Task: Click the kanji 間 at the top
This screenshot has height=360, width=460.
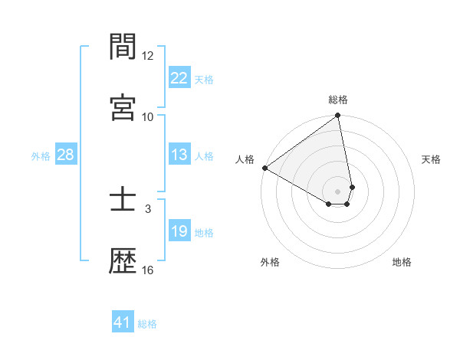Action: pos(123,47)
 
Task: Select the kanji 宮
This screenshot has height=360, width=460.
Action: pos(123,106)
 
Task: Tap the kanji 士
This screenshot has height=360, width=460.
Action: pos(123,201)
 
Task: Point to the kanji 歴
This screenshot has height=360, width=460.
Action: pos(123,260)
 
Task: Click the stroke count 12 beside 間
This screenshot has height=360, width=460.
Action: pos(148,56)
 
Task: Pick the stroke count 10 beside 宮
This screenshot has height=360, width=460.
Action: pos(148,116)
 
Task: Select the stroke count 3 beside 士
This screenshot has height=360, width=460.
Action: pos(148,208)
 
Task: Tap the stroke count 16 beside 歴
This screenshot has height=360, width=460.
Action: pos(148,270)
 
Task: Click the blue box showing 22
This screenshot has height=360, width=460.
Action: pos(179,78)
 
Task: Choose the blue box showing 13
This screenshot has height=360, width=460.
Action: pos(179,155)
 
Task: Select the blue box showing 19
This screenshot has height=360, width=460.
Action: pos(179,231)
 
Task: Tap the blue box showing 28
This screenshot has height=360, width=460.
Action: pos(66,155)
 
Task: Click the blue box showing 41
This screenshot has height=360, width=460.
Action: pos(123,322)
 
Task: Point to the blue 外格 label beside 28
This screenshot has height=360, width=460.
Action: pos(41,156)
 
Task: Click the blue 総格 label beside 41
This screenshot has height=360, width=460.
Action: pos(147,324)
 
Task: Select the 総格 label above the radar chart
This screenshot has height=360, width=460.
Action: pos(338,100)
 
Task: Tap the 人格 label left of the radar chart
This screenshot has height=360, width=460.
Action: pos(245,159)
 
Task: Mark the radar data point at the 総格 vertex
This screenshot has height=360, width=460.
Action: pos(338,116)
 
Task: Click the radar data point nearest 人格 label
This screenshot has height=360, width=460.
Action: pos(264,168)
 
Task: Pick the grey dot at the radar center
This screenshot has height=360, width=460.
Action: pos(338,191)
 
